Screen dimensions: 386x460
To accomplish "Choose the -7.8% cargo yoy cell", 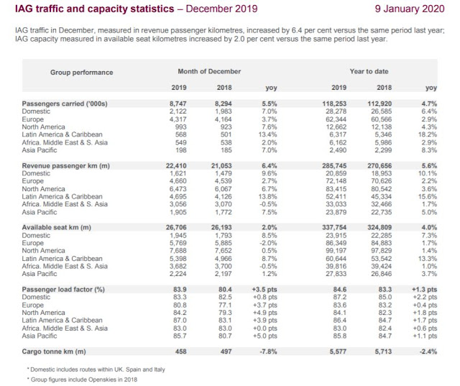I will click(x=267, y=351).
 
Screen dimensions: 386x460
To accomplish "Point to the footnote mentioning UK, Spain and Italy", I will click(x=82, y=369).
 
